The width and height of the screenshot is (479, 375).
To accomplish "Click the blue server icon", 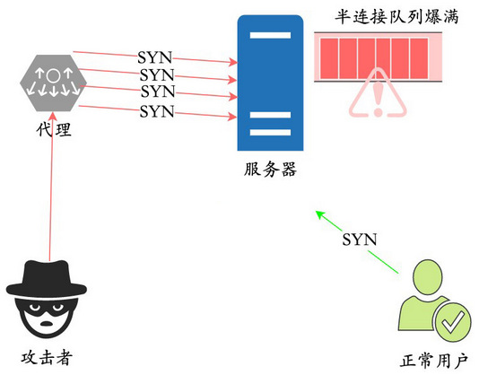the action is click(270, 83).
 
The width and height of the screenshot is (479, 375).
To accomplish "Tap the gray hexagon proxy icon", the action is click(53, 83).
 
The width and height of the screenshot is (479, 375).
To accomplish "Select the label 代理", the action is click(54, 129).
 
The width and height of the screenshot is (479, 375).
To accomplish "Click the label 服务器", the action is click(270, 169).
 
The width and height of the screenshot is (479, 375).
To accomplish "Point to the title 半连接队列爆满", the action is click(396, 16).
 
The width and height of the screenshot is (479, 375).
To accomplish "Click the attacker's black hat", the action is click(47, 278).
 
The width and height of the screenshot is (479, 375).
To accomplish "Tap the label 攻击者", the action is click(47, 358).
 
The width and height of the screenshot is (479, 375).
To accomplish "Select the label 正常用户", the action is click(434, 361).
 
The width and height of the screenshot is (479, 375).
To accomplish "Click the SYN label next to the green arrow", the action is click(359, 240).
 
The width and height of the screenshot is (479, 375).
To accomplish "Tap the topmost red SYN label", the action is click(155, 57).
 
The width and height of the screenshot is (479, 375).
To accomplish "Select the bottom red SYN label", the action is click(157, 111).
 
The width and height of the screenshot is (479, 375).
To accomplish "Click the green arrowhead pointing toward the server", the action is click(320, 214).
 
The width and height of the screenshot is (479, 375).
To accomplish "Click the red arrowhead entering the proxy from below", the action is click(53, 117).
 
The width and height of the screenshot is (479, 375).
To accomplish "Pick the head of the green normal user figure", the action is click(428, 277).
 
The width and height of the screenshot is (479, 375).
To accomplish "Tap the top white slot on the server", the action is click(270, 35).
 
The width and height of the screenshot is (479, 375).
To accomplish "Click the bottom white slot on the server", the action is click(270, 133).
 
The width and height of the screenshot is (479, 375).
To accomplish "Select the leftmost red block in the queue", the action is click(329, 58).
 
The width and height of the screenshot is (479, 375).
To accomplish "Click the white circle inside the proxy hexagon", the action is click(53, 75).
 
